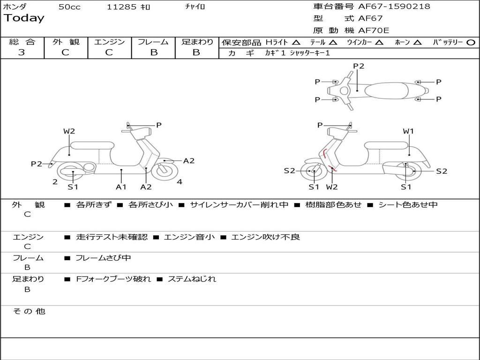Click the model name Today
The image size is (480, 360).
24,18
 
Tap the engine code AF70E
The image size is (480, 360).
374,30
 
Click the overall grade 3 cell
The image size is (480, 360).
22,52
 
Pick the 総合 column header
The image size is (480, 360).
22,42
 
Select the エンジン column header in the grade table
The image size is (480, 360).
109,42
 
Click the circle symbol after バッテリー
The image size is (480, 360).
471,43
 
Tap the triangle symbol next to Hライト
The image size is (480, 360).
296,43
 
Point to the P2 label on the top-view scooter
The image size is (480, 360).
359,66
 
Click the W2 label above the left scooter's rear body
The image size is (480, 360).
69,131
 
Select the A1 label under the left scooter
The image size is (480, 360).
121,187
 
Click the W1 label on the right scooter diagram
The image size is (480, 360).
408,131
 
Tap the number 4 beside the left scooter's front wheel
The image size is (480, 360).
180,182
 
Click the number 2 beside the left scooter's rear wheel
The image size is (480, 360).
55,182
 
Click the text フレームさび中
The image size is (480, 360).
103,258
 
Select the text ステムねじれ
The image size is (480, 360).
192,279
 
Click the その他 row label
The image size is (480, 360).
29,311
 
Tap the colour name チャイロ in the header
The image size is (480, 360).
195,7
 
